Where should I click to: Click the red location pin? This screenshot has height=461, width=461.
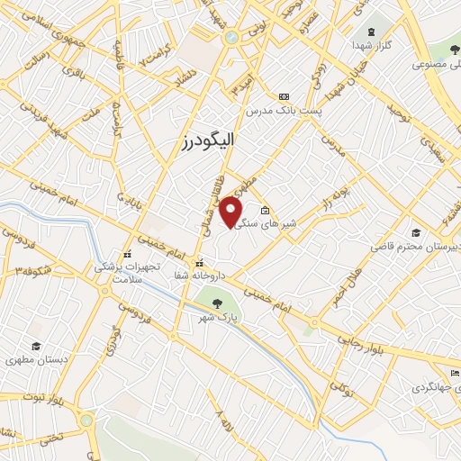pyautogui.click(x=231, y=212)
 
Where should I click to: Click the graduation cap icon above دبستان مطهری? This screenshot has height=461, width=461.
pyautogui.click(x=35, y=347)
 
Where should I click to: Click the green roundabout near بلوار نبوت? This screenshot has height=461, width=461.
pyautogui.click(x=86, y=420)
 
